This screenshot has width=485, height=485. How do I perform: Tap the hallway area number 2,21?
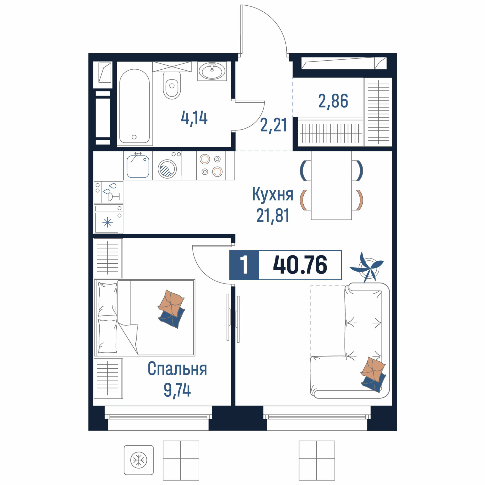tap(273, 125)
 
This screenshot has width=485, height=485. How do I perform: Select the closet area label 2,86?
tap(333, 101)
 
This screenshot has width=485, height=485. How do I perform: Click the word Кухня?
tap(273, 194)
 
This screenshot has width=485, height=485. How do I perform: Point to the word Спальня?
tap(177, 369)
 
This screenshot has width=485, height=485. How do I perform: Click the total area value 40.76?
tap(300, 265)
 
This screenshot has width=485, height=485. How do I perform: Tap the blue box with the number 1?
tap(244, 265)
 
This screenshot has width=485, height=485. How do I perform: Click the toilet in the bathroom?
tap(172, 85)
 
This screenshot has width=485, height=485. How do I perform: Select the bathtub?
tap(135, 106)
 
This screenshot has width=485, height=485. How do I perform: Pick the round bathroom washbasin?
tap(212, 71)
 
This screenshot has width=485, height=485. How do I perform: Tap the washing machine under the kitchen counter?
tap(167, 166)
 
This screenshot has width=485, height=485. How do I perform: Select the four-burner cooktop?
tap(211, 166)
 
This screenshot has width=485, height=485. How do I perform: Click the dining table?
tap(331, 185)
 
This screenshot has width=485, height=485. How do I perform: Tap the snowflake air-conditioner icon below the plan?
tap(139, 460)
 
